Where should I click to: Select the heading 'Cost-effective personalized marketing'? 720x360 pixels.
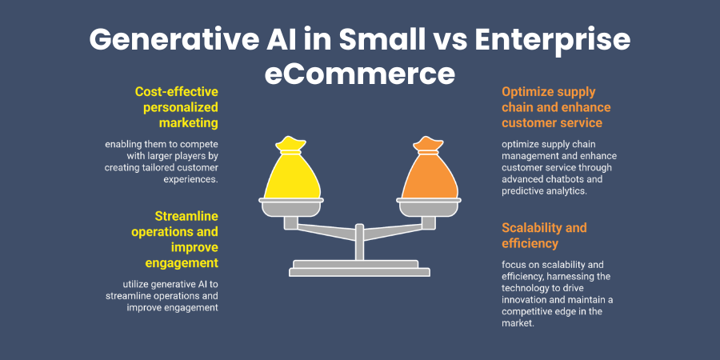(x=176, y=107)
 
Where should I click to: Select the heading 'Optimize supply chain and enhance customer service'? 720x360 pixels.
(x=544, y=107)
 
